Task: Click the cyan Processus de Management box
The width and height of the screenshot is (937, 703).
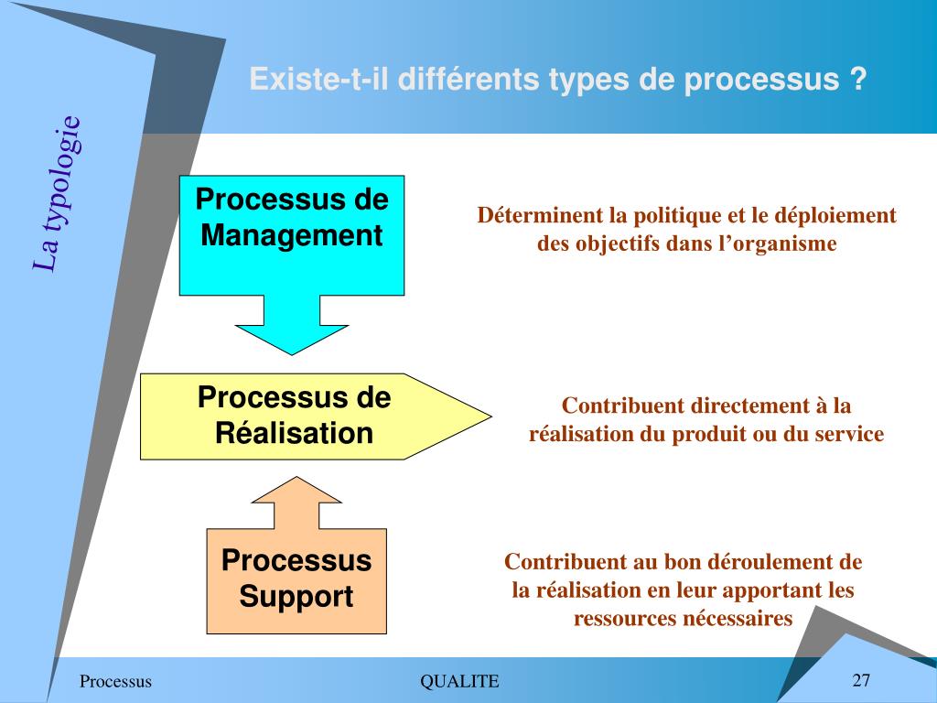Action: (291, 265)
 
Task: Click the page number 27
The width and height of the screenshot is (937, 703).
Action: (861, 680)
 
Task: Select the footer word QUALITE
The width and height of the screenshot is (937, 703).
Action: (459, 681)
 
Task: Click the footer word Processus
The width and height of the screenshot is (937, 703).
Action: (115, 681)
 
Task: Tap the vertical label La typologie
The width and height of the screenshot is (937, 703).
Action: (57, 194)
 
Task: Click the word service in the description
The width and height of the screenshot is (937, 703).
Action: (852, 434)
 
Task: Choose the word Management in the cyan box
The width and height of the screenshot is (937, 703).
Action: (292, 235)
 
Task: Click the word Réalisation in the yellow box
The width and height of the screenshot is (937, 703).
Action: (295, 432)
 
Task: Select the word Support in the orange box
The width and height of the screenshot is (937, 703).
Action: (296, 597)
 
